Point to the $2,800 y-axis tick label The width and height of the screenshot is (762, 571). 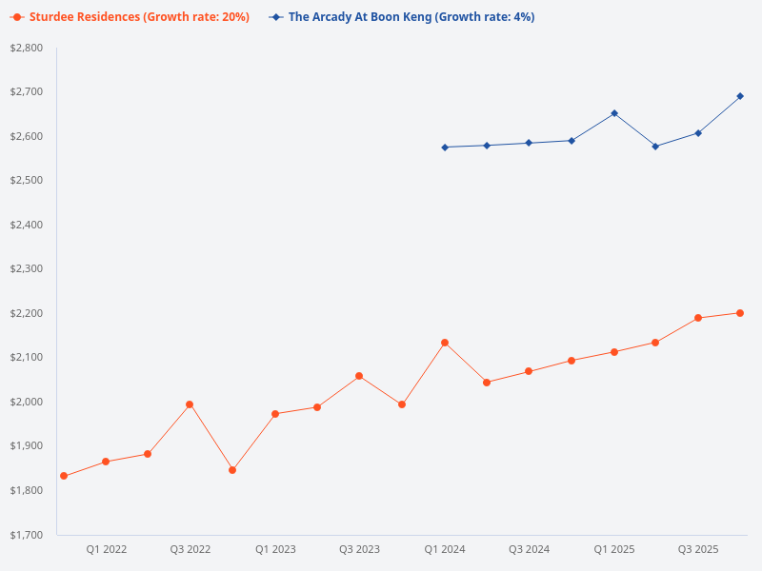[x=26, y=48]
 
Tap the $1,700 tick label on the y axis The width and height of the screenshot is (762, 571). [x=26, y=535]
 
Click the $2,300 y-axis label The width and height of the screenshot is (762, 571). [x=26, y=269]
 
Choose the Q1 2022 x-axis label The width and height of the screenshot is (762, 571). [x=107, y=550]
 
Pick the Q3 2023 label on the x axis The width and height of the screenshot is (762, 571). [x=359, y=550]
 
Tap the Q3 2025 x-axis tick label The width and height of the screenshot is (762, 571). [x=698, y=550]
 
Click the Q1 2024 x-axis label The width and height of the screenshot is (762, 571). [x=445, y=550]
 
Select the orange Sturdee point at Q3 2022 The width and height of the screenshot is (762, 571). [x=190, y=404]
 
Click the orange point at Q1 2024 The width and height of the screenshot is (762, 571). [x=445, y=343]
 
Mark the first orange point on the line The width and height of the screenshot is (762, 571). [x=64, y=476]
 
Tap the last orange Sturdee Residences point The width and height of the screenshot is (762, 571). [x=740, y=313]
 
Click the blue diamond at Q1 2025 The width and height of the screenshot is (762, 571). [x=614, y=113]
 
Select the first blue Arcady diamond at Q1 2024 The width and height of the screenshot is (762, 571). [x=445, y=148]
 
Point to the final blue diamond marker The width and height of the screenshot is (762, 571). [x=740, y=96]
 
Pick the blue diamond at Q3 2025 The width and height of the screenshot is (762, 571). [x=698, y=133]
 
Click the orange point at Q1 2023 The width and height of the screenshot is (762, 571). [x=275, y=414]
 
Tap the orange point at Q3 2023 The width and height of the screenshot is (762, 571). [x=359, y=376]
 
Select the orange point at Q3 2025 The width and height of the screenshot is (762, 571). [x=698, y=318]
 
